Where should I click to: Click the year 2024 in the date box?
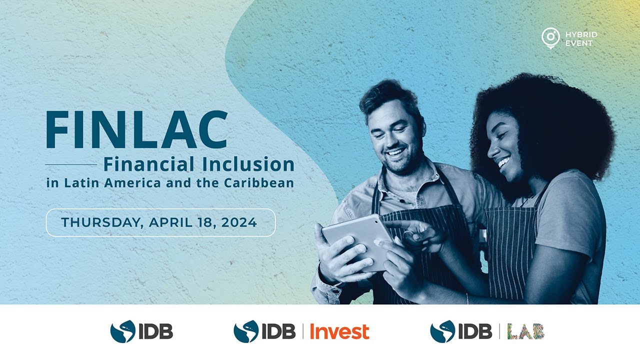click(239, 222)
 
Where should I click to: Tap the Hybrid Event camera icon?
click(550, 37)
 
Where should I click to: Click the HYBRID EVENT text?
click(581, 39)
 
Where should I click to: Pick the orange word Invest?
click(339, 331)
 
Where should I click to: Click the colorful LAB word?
click(525, 331)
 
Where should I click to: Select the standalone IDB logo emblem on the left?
click(122, 331)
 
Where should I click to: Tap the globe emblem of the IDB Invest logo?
click(246, 331)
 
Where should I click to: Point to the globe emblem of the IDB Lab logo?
click(442, 331)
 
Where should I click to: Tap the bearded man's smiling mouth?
click(395, 151)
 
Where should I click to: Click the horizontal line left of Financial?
click(71, 164)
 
